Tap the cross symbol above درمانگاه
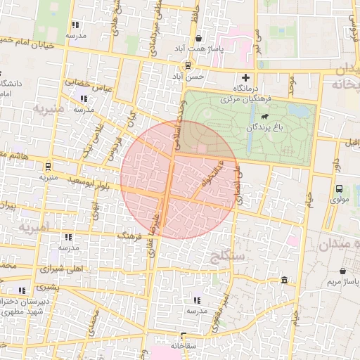coord(245,77)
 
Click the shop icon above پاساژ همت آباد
coord(200,38)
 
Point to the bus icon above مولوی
coord(340,188)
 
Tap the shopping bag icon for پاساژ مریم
coord(342,271)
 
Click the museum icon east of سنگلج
coord(285,281)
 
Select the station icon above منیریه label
coord(48,167)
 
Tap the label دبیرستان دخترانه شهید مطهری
coord(25,305)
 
